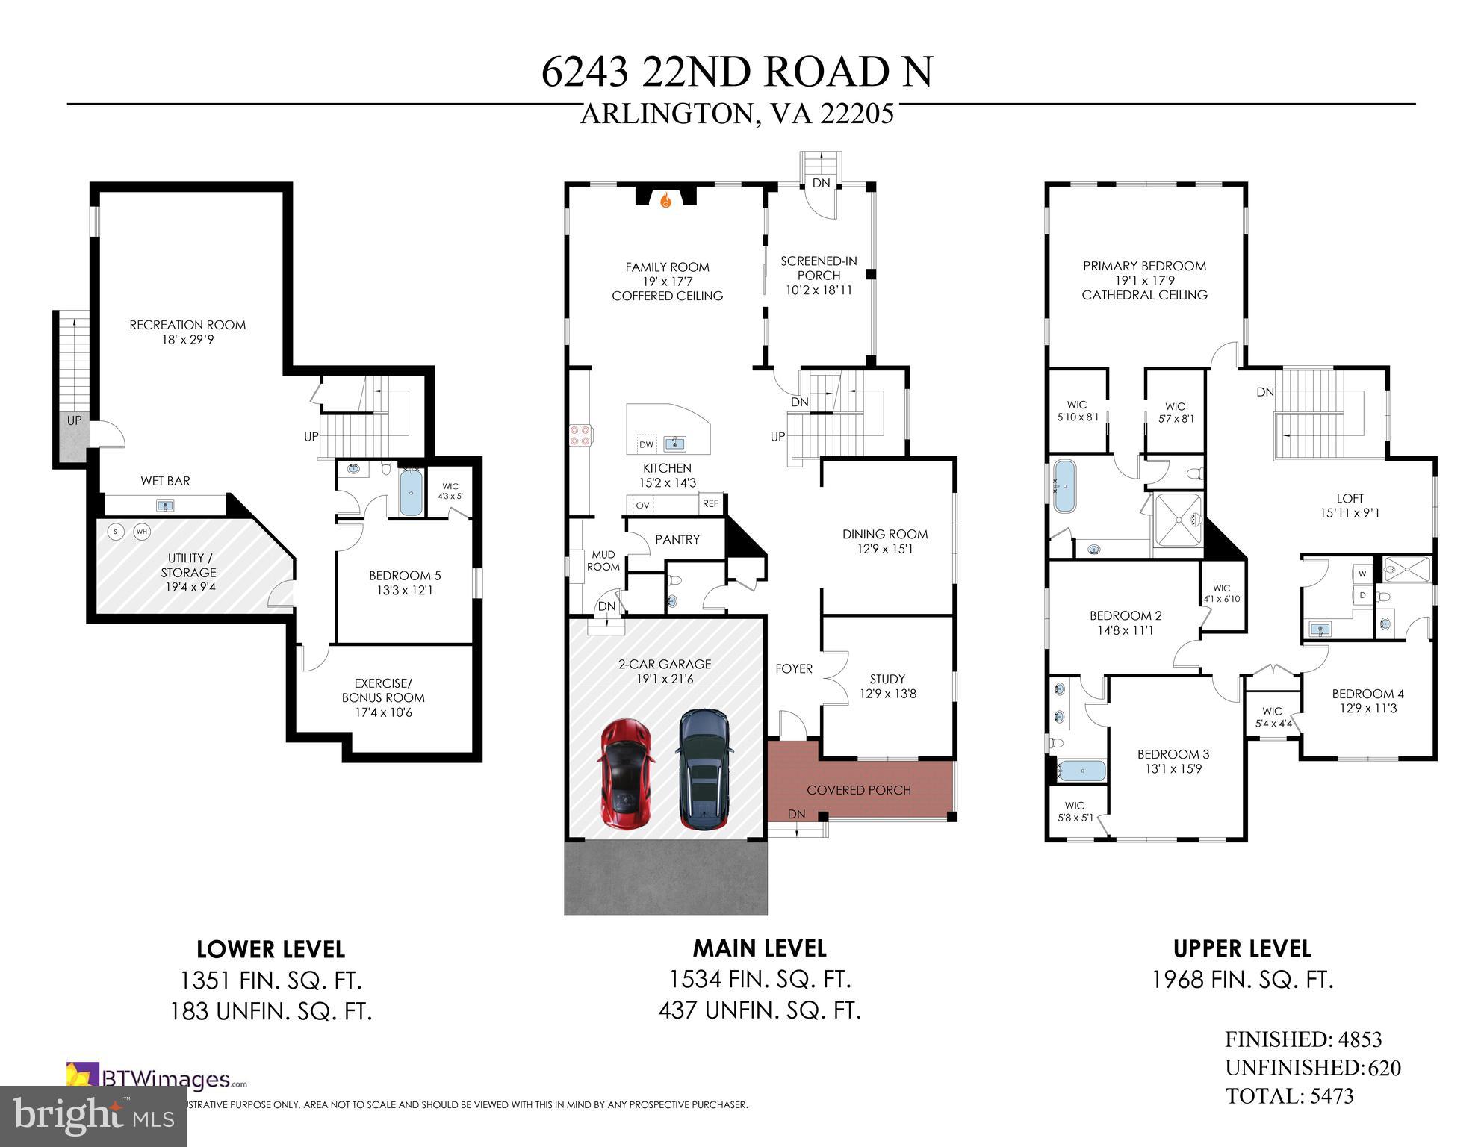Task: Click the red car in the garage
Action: point(626,774)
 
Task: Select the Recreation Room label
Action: point(187,325)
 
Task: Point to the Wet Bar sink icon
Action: point(165,506)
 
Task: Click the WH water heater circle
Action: point(141,532)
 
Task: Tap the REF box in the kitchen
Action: point(710,503)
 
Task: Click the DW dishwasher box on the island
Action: point(646,444)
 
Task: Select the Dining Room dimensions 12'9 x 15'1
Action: point(885,549)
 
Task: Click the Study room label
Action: point(887,679)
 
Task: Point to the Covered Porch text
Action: point(859,790)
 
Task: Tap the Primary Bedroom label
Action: point(1144,266)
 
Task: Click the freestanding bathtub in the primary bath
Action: point(1065,486)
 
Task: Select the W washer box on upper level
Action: point(1362,574)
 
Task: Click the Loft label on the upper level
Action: point(1350,498)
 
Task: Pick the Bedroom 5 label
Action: point(405,576)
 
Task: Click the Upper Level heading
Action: point(1242,949)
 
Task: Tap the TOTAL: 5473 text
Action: point(1289,1096)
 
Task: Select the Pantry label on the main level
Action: point(677,539)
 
